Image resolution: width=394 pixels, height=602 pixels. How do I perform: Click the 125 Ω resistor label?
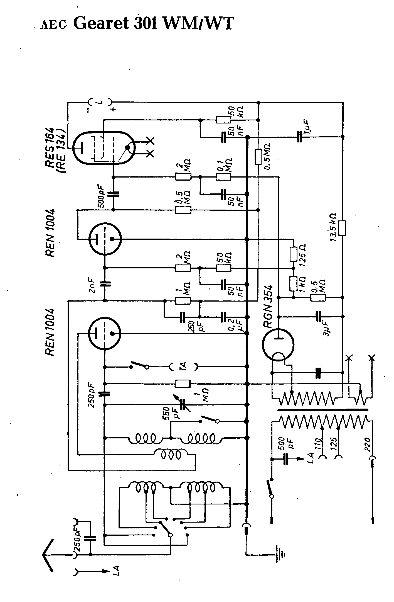[x=303, y=255]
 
